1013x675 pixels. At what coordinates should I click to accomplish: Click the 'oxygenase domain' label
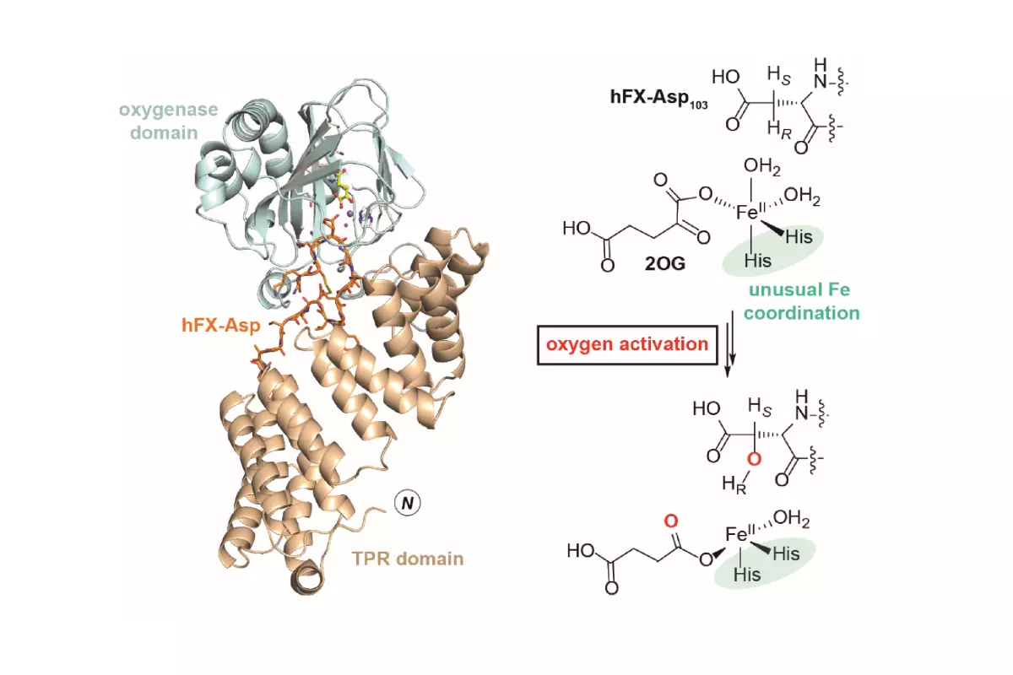coord(168,121)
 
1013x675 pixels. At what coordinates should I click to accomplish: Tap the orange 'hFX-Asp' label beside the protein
coord(220,325)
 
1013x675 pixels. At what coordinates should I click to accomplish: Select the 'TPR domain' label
coord(408,559)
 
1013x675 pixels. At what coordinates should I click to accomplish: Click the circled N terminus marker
coord(408,503)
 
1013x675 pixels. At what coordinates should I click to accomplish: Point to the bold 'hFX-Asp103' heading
coord(658,98)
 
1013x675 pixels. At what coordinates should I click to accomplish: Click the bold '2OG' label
coord(665,263)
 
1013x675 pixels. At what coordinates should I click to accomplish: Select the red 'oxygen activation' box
coord(627,344)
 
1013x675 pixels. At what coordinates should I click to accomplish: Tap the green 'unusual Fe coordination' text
coord(801,301)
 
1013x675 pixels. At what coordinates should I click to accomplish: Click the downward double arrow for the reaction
coord(730,343)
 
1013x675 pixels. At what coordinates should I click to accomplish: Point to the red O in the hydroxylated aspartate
coord(754,459)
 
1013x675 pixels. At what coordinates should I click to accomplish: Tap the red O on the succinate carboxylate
coord(670,521)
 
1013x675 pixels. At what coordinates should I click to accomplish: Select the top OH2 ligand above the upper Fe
coord(762,167)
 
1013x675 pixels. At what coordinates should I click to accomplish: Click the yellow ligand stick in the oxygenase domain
coord(343,188)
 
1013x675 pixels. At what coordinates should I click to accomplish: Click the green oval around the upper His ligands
coord(772,250)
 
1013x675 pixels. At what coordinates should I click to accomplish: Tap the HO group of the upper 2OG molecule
coord(577,229)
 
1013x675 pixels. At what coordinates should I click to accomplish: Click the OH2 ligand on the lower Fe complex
coord(792,519)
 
